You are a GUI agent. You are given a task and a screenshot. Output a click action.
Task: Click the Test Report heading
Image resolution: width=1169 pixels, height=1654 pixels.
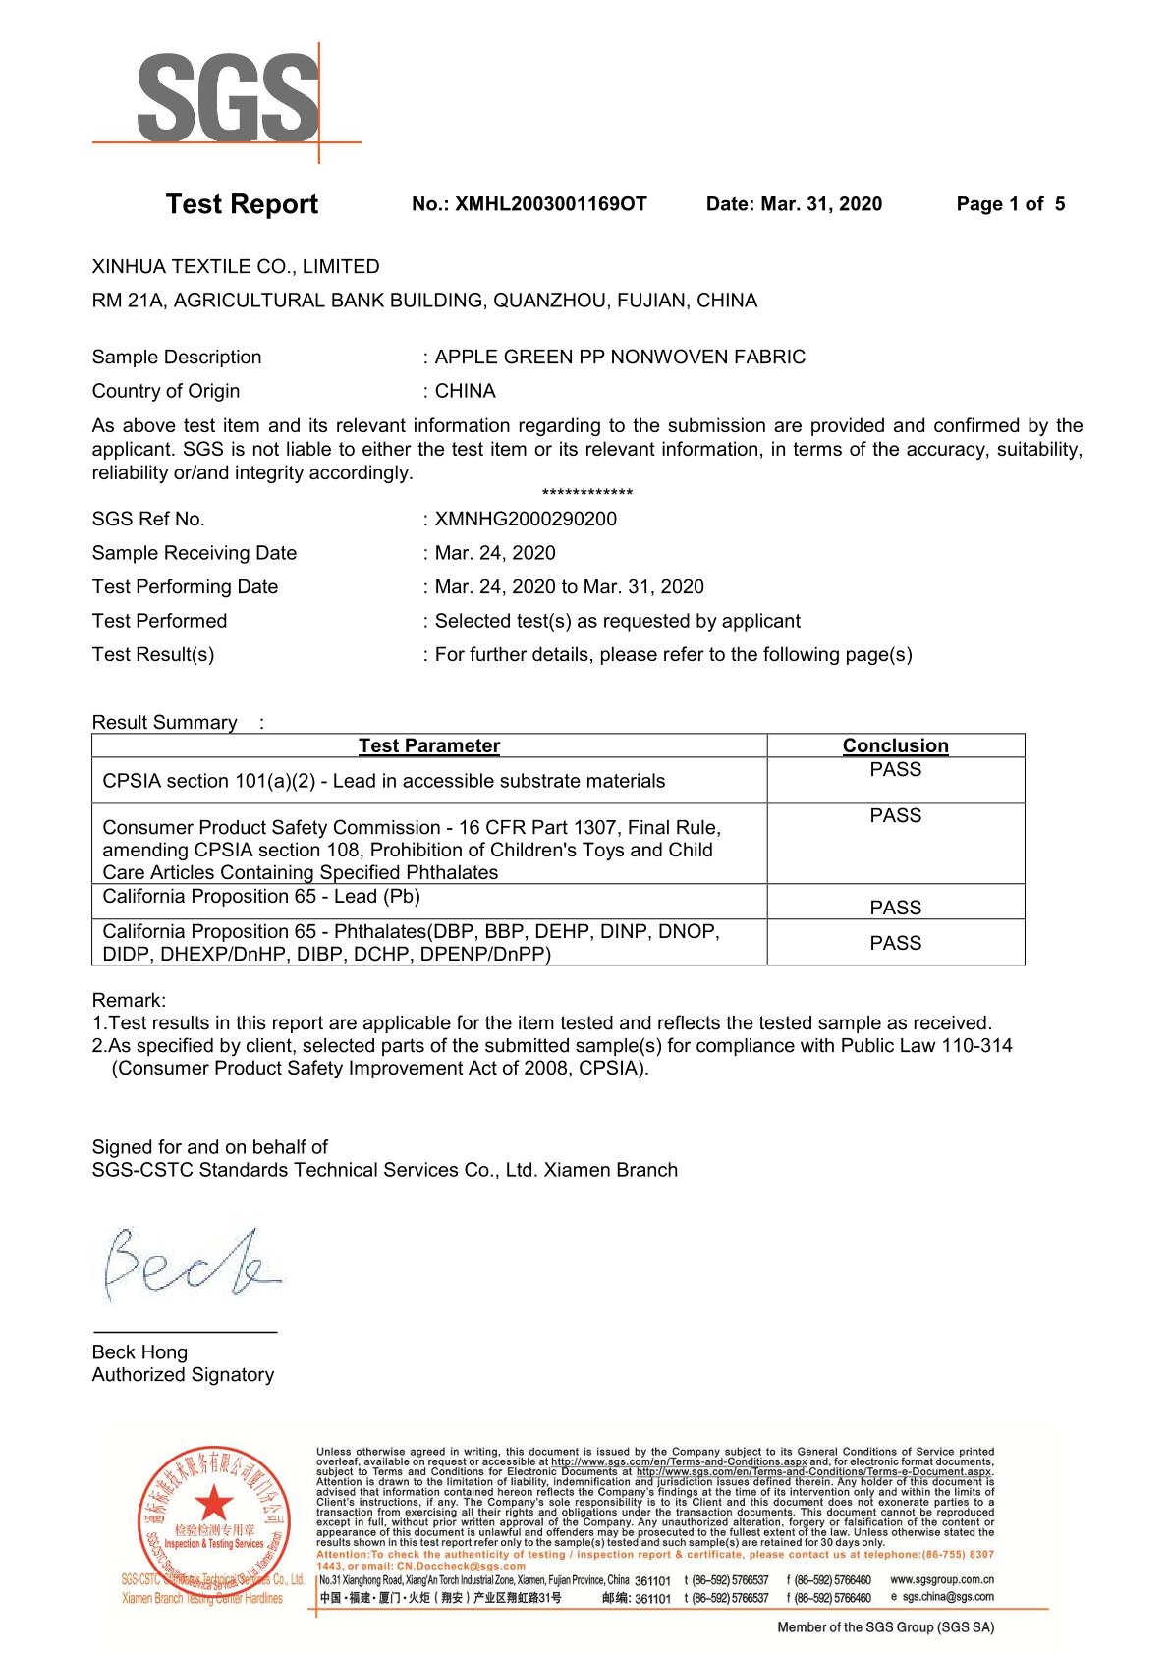click(x=242, y=204)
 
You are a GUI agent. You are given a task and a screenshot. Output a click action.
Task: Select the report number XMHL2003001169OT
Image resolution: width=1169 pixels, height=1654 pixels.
click(x=550, y=204)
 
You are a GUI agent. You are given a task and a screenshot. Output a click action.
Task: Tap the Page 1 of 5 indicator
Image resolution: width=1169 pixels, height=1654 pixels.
click(x=1010, y=204)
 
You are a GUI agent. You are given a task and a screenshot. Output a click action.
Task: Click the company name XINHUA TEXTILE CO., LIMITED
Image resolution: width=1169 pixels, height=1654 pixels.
click(x=236, y=267)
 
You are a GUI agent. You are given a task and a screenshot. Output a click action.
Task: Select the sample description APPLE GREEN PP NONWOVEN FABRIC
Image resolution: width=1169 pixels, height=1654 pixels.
click(x=620, y=358)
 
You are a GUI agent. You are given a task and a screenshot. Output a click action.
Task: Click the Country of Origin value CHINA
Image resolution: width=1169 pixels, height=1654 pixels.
click(x=465, y=391)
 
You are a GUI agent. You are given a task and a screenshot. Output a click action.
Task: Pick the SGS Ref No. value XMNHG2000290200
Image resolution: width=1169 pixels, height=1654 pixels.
click(x=526, y=520)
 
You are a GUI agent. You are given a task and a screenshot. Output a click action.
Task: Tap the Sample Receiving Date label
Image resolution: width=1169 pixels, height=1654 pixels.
click(x=195, y=553)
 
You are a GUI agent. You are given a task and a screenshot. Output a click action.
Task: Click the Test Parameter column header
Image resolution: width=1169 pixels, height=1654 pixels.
click(x=429, y=745)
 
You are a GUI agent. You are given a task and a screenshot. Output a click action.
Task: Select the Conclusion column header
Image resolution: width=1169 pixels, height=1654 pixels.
click(x=895, y=745)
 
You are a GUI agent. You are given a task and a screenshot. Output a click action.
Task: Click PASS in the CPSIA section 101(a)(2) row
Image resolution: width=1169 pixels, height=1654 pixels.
click(x=895, y=770)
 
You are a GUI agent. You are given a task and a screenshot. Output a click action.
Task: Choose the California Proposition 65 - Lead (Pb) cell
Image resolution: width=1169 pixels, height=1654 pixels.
click(x=261, y=897)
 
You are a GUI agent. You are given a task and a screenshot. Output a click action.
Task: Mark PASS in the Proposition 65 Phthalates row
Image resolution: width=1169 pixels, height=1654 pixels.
click(x=895, y=943)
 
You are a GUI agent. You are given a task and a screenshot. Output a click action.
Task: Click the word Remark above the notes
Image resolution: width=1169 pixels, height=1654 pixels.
click(x=129, y=1000)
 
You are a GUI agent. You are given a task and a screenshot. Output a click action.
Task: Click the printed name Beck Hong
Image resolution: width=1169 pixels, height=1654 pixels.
click(x=139, y=1352)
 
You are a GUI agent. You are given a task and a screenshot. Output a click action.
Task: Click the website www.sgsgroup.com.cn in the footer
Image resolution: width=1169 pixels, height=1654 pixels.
click(x=941, y=1580)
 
